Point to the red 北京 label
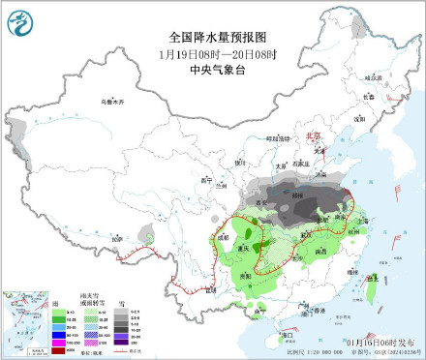pos(312,138)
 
